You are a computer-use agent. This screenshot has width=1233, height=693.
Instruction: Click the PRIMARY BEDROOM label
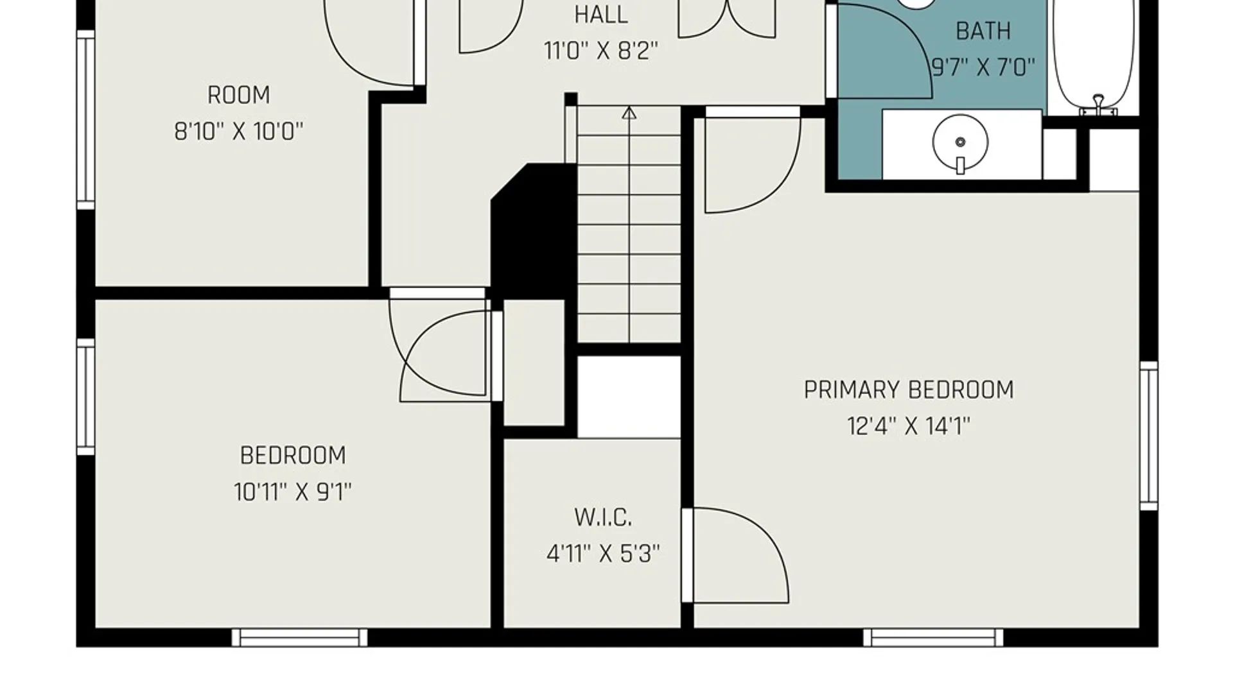909,390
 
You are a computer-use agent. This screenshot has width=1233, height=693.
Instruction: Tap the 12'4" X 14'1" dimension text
909,426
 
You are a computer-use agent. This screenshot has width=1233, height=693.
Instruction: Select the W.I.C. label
603,517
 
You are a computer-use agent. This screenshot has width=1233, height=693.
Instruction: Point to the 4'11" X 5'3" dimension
603,553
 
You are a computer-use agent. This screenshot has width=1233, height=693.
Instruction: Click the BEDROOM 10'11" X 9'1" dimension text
293,492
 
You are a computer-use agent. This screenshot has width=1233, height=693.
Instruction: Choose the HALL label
601,15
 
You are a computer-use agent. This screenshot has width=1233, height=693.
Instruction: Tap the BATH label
983,31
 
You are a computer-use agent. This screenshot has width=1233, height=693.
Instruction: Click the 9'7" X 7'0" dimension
983,67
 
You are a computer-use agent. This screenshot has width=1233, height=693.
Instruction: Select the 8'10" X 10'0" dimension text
239,132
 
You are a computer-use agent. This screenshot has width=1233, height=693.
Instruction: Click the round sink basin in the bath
960,142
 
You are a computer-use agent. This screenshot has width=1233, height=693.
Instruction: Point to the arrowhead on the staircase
629,114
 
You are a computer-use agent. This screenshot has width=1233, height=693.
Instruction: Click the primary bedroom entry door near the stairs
753,160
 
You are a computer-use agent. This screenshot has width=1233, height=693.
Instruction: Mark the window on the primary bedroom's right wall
1149,436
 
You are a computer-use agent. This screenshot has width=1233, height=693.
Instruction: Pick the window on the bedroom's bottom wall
299,637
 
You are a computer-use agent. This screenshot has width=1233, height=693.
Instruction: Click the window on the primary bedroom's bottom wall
933,637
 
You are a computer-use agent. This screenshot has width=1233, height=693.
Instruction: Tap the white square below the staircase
629,397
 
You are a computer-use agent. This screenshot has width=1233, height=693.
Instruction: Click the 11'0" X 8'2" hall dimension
601,51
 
